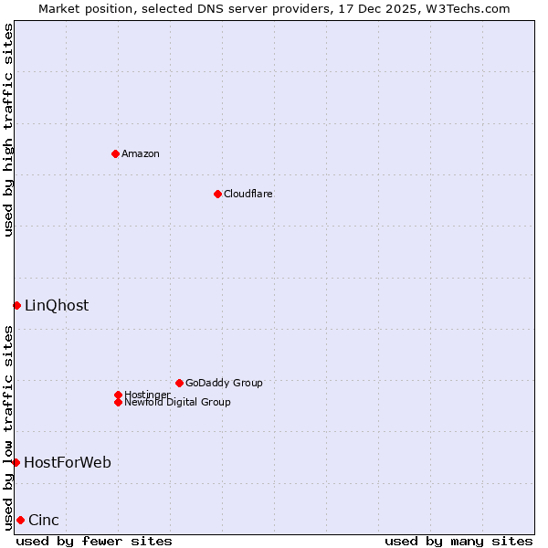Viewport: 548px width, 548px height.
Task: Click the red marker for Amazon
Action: (115, 153)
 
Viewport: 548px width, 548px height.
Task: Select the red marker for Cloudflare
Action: (217, 194)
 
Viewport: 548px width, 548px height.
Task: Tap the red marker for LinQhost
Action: (16, 305)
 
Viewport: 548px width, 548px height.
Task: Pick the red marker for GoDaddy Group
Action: (179, 383)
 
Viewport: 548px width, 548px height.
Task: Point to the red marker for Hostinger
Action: (118, 395)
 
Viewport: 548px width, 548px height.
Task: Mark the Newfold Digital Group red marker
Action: (118, 402)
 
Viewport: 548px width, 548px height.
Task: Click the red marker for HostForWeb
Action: (16, 462)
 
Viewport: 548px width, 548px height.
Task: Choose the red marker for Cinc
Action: (20, 520)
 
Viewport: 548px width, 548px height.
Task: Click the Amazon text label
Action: (141, 153)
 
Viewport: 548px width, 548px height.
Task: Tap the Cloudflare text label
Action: (248, 194)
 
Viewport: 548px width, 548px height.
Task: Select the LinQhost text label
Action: (57, 305)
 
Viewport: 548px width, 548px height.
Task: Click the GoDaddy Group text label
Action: (224, 383)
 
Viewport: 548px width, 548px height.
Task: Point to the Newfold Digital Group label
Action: (177, 402)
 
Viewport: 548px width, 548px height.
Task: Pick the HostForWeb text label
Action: (68, 462)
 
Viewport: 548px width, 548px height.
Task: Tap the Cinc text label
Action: (44, 520)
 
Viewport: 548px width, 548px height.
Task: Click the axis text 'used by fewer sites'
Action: (94, 541)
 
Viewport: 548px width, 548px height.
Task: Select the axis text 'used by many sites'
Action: (458, 541)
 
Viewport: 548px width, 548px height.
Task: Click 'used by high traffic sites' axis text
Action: (8, 130)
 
